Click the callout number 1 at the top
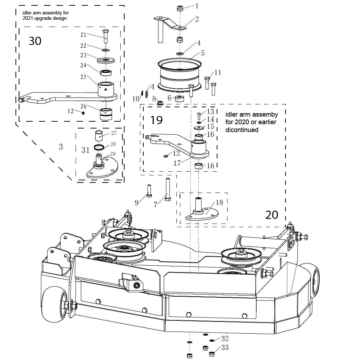(x=197, y=5)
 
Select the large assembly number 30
(x=35, y=41)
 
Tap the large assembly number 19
(x=157, y=120)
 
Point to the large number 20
(x=271, y=215)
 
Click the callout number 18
(x=219, y=203)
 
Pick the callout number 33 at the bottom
(x=225, y=348)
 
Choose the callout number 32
(x=225, y=339)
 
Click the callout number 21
(x=83, y=35)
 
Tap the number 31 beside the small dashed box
(x=85, y=150)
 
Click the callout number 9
(x=136, y=203)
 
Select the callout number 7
(x=156, y=204)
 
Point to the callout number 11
(x=217, y=72)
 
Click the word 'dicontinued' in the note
(x=242, y=130)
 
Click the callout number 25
(x=83, y=77)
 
